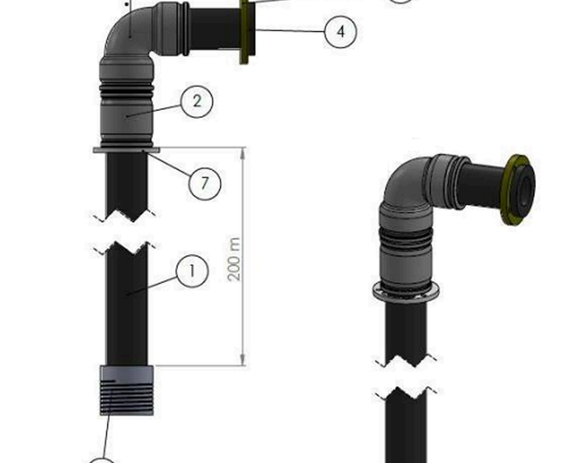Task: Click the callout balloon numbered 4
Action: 340,31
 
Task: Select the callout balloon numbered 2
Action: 196,101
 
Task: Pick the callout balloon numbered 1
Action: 192,271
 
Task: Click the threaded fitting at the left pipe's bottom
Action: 127,391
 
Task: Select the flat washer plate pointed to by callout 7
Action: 126,150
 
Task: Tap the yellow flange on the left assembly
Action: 247,32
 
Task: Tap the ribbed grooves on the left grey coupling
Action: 127,90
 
